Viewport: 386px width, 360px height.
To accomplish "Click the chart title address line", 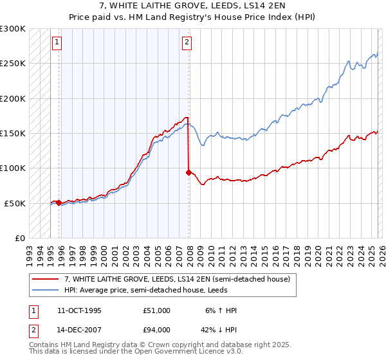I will click(193, 6).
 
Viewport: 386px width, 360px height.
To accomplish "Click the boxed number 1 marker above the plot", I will click(57, 43).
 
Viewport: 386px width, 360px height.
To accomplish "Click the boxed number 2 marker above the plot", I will click(187, 43).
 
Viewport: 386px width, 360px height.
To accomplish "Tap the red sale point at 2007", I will click(188, 172).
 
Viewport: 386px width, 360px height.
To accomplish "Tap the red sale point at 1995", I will click(59, 203).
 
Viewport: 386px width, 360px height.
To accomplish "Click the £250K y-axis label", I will click(14, 64).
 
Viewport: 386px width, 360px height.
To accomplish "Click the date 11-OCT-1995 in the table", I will click(79, 310).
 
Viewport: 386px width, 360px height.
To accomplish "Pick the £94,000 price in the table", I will click(157, 330).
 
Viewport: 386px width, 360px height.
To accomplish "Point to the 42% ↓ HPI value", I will click(218, 330).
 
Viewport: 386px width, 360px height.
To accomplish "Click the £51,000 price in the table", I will click(157, 310).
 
